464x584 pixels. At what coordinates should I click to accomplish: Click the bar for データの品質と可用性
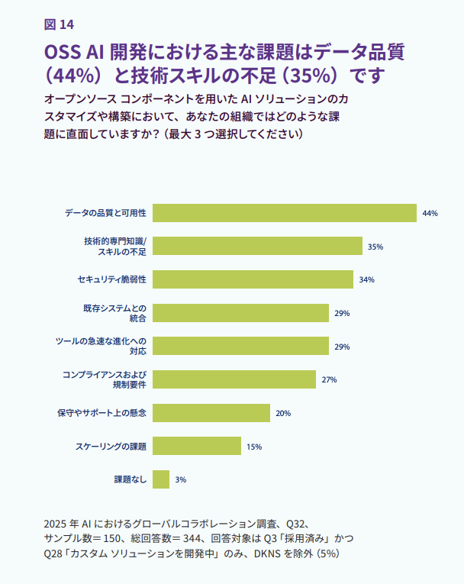[x=284, y=213]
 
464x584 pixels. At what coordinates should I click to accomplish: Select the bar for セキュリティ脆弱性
[x=253, y=279]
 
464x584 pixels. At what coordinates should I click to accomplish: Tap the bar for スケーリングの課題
[x=197, y=446]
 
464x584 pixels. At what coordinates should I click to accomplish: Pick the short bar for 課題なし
[x=161, y=479]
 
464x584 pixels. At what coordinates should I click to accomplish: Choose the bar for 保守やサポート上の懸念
[x=211, y=413]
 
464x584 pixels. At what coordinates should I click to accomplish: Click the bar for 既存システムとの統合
[x=240, y=313]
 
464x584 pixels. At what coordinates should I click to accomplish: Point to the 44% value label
[x=430, y=214]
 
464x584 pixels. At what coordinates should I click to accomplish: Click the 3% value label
[x=181, y=479]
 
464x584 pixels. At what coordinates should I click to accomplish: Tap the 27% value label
[x=329, y=379]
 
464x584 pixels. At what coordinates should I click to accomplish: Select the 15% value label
[x=254, y=447]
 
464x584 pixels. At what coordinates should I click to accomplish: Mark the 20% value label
[x=283, y=413]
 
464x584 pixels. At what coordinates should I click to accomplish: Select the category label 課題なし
[x=130, y=479]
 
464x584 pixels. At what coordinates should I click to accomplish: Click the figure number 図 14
[x=60, y=24]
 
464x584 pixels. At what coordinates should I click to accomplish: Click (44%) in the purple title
[x=73, y=77]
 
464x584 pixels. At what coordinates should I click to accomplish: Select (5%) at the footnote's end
[x=333, y=553]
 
